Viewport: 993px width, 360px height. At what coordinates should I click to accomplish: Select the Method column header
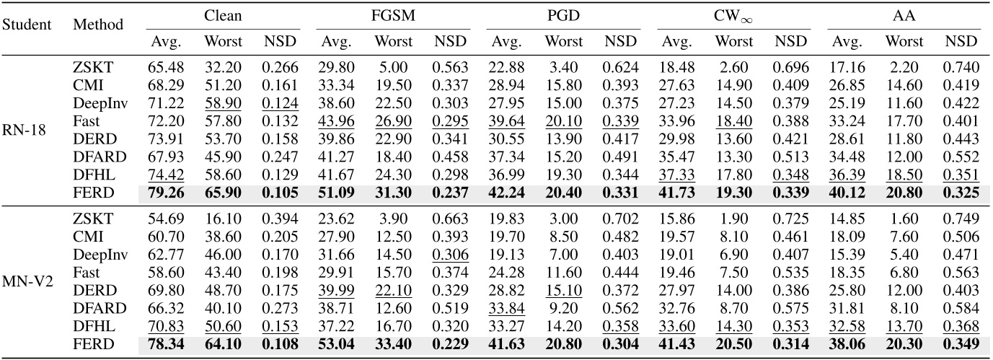pyautogui.click(x=97, y=25)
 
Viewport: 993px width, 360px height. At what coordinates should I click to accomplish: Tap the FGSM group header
pyautogui.click(x=392, y=14)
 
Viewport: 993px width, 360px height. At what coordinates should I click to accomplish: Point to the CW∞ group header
pyautogui.click(x=733, y=14)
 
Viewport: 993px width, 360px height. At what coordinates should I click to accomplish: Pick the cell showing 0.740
pyautogui.click(x=963, y=68)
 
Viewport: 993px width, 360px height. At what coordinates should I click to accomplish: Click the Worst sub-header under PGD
pyautogui.click(x=564, y=41)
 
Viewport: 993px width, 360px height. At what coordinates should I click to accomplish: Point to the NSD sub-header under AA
pyautogui.click(x=963, y=41)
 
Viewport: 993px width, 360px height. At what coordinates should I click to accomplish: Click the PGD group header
pyautogui.click(x=563, y=14)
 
